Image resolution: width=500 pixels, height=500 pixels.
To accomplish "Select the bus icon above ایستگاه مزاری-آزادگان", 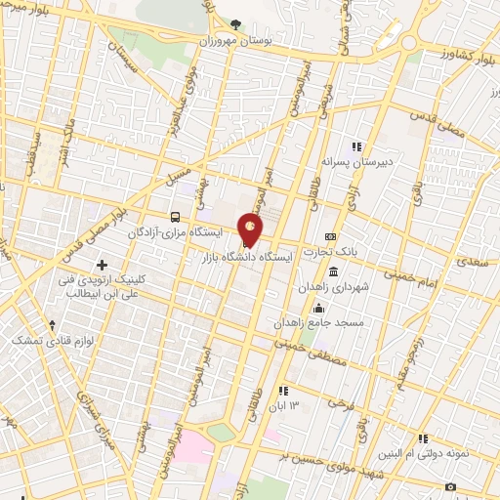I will (x=175, y=217).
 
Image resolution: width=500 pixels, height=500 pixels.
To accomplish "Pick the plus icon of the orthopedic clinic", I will (x=102, y=265).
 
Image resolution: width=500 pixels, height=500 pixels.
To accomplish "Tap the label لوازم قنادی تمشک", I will (x=38, y=340).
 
